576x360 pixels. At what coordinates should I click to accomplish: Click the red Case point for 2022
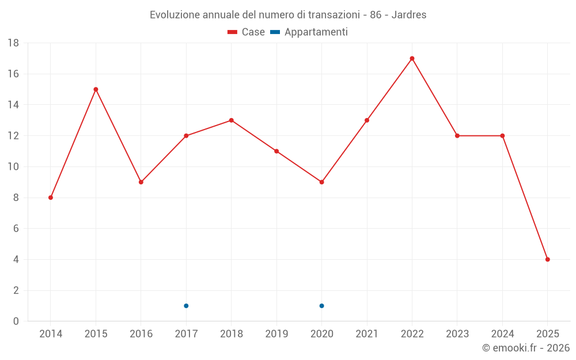tap(412, 58)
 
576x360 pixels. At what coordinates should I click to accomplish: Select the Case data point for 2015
tap(96, 89)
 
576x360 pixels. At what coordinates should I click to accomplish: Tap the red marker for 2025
tap(548, 259)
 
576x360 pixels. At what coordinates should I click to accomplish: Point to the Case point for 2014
tap(51, 198)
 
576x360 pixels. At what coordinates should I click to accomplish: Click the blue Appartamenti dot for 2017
tap(186, 306)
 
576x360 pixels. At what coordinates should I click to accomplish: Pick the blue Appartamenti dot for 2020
tap(321, 306)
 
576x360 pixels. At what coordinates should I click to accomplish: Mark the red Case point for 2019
tap(276, 151)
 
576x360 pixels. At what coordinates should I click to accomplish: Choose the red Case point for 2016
tap(141, 182)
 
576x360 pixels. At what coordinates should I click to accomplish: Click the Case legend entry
tap(247, 32)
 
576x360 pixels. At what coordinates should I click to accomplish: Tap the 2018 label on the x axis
tap(231, 334)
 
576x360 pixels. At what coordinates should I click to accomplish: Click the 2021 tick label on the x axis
tap(367, 334)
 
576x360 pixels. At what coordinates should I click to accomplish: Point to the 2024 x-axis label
tap(502, 334)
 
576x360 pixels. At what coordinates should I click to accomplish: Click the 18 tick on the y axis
tap(13, 43)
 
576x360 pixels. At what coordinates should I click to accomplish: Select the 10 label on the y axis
tap(13, 167)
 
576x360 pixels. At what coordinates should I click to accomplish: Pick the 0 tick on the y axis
tap(16, 321)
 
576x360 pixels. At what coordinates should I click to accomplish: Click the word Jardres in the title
tap(409, 15)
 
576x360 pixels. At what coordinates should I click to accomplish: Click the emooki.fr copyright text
tap(526, 348)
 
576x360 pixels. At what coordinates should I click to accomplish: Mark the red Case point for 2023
tap(457, 136)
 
